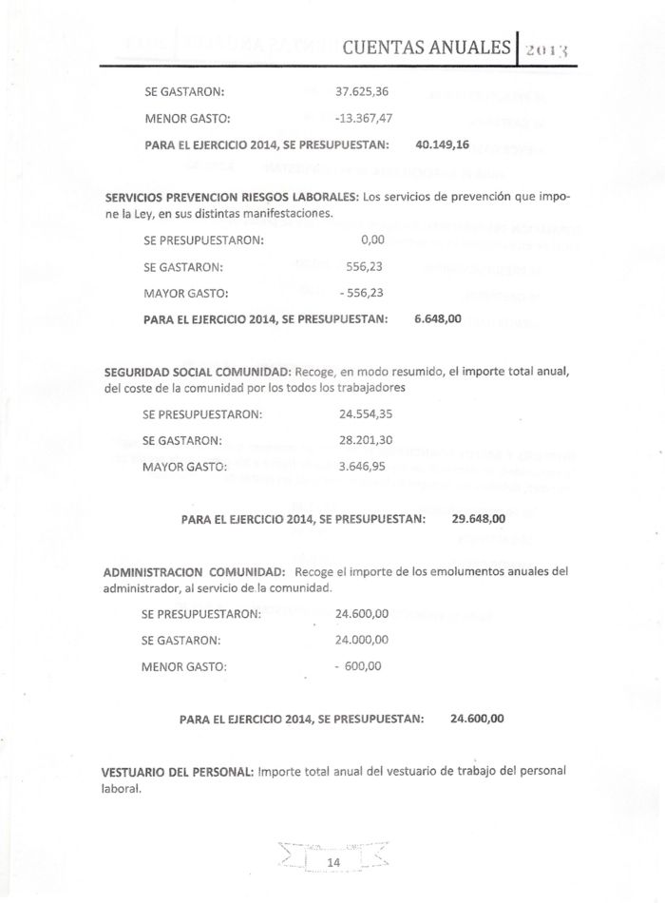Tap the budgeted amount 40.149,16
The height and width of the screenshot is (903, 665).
click(x=443, y=146)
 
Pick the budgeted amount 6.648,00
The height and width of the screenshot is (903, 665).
click(x=438, y=319)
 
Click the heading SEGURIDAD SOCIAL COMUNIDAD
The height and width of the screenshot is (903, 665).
click(x=198, y=371)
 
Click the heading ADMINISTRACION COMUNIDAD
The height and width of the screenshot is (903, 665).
click(x=193, y=572)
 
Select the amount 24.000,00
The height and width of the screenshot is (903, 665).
click(x=362, y=640)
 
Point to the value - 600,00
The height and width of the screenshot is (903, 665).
click(x=360, y=666)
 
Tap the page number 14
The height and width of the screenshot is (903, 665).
click(x=333, y=862)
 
